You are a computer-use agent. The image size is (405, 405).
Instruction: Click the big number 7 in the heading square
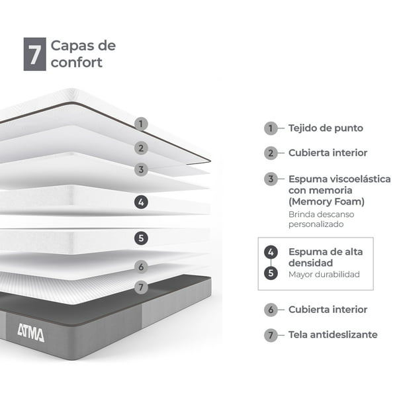pos(35,54)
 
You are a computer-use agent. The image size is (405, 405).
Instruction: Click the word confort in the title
pos(77,62)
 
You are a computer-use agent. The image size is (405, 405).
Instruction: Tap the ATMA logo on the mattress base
pos(31,333)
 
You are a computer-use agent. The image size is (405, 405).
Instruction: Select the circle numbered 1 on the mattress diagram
pos(141,124)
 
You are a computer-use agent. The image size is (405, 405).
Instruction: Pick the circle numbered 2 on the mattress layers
pos(141,148)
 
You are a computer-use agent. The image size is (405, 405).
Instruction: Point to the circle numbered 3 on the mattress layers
pos(141,169)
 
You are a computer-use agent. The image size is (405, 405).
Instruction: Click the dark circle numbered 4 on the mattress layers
pos(141,202)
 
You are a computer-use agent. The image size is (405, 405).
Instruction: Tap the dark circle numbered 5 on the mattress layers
pos(141,238)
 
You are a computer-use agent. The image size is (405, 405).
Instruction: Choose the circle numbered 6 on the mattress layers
pos(141,267)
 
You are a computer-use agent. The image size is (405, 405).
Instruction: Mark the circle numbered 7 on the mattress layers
pos(141,287)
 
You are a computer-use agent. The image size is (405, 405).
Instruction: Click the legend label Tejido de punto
pos(326,128)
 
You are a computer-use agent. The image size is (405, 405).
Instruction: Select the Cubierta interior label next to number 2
pos(328,153)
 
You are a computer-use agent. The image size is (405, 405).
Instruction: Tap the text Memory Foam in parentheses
pos(326,202)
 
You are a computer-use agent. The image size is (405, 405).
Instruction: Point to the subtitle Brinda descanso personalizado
pos(322,219)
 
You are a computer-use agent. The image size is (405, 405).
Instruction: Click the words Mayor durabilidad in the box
pos(324,275)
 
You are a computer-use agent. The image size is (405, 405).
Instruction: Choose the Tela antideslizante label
pos(333,335)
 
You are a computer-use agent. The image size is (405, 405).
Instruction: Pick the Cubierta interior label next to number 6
pos(328,310)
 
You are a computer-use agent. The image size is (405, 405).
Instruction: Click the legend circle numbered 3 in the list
pos(271,179)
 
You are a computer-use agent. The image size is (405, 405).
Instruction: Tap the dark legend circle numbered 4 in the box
pos(271,252)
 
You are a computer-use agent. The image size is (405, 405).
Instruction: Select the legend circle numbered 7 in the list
pos(271,335)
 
